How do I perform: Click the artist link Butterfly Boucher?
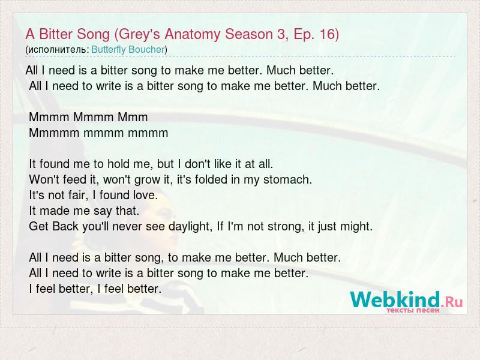tap(128, 50)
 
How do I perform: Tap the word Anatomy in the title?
tap(192, 35)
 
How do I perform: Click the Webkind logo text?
tap(395, 299)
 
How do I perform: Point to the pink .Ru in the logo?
tap(452, 302)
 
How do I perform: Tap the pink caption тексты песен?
tap(413, 310)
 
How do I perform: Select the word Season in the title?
tap(249, 34)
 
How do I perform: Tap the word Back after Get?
tap(65, 227)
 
